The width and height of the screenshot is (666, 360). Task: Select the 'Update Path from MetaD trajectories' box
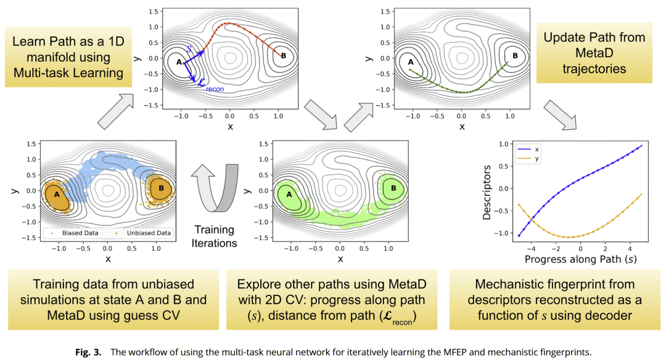pos(594,53)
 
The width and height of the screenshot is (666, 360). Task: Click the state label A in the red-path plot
pos(179,62)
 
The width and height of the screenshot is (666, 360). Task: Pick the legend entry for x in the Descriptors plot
pos(531,149)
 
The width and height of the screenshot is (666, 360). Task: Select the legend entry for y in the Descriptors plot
pos(531,158)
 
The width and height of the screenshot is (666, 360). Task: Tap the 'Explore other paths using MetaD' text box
pos(331,300)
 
